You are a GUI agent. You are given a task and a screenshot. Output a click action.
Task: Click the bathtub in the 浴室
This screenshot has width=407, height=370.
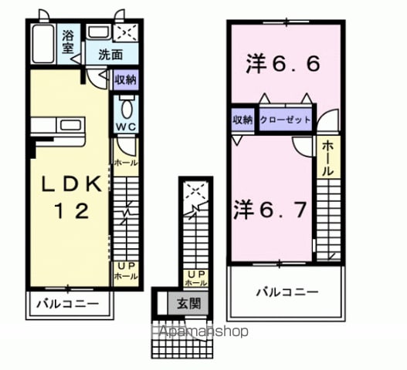pyautogui.click(x=43, y=43)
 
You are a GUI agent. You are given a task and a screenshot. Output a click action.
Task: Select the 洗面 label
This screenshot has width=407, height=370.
pyautogui.click(x=110, y=55)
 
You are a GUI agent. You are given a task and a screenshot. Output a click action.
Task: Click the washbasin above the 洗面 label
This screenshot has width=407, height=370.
pyautogui.click(x=98, y=32)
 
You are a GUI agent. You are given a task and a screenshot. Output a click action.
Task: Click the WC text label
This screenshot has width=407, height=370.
pyautogui.click(x=126, y=127)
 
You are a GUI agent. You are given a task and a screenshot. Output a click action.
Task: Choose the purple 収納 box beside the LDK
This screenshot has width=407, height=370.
pyautogui.click(x=126, y=79)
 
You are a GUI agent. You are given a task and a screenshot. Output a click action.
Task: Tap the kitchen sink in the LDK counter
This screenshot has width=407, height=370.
pyautogui.click(x=70, y=125)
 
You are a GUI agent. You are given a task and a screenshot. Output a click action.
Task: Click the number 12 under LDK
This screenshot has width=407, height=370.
pyautogui.click(x=71, y=211)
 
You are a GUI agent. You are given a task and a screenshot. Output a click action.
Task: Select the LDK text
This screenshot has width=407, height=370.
pyautogui.click(x=71, y=184)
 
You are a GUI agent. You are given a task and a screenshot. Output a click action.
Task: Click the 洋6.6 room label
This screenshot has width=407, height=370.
pyautogui.click(x=283, y=64)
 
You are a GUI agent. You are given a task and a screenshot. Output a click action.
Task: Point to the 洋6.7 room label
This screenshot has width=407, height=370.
pyautogui.click(x=270, y=210)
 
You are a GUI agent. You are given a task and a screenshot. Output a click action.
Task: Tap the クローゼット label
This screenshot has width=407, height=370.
pyautogui.click(x=285, y=120)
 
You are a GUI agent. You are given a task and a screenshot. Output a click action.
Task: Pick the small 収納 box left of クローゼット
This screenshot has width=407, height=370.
pyautogui.click(x=243, y=119)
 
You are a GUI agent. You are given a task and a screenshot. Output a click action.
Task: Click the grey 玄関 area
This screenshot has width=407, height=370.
pyautogui.click(x=188, y=304)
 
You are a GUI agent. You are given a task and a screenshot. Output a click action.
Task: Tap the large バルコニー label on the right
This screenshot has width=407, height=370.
pyautogui.click(x=287, y=292)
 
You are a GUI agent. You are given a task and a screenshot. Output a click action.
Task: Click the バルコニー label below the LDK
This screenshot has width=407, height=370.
pyautogui.click(x=68, y=304)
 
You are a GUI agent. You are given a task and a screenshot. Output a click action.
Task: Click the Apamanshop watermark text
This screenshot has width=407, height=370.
pyautogui.click(x=204, y=331)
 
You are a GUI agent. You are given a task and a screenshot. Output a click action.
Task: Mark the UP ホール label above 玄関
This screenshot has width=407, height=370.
pyautogui.click(x=196, y=278)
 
